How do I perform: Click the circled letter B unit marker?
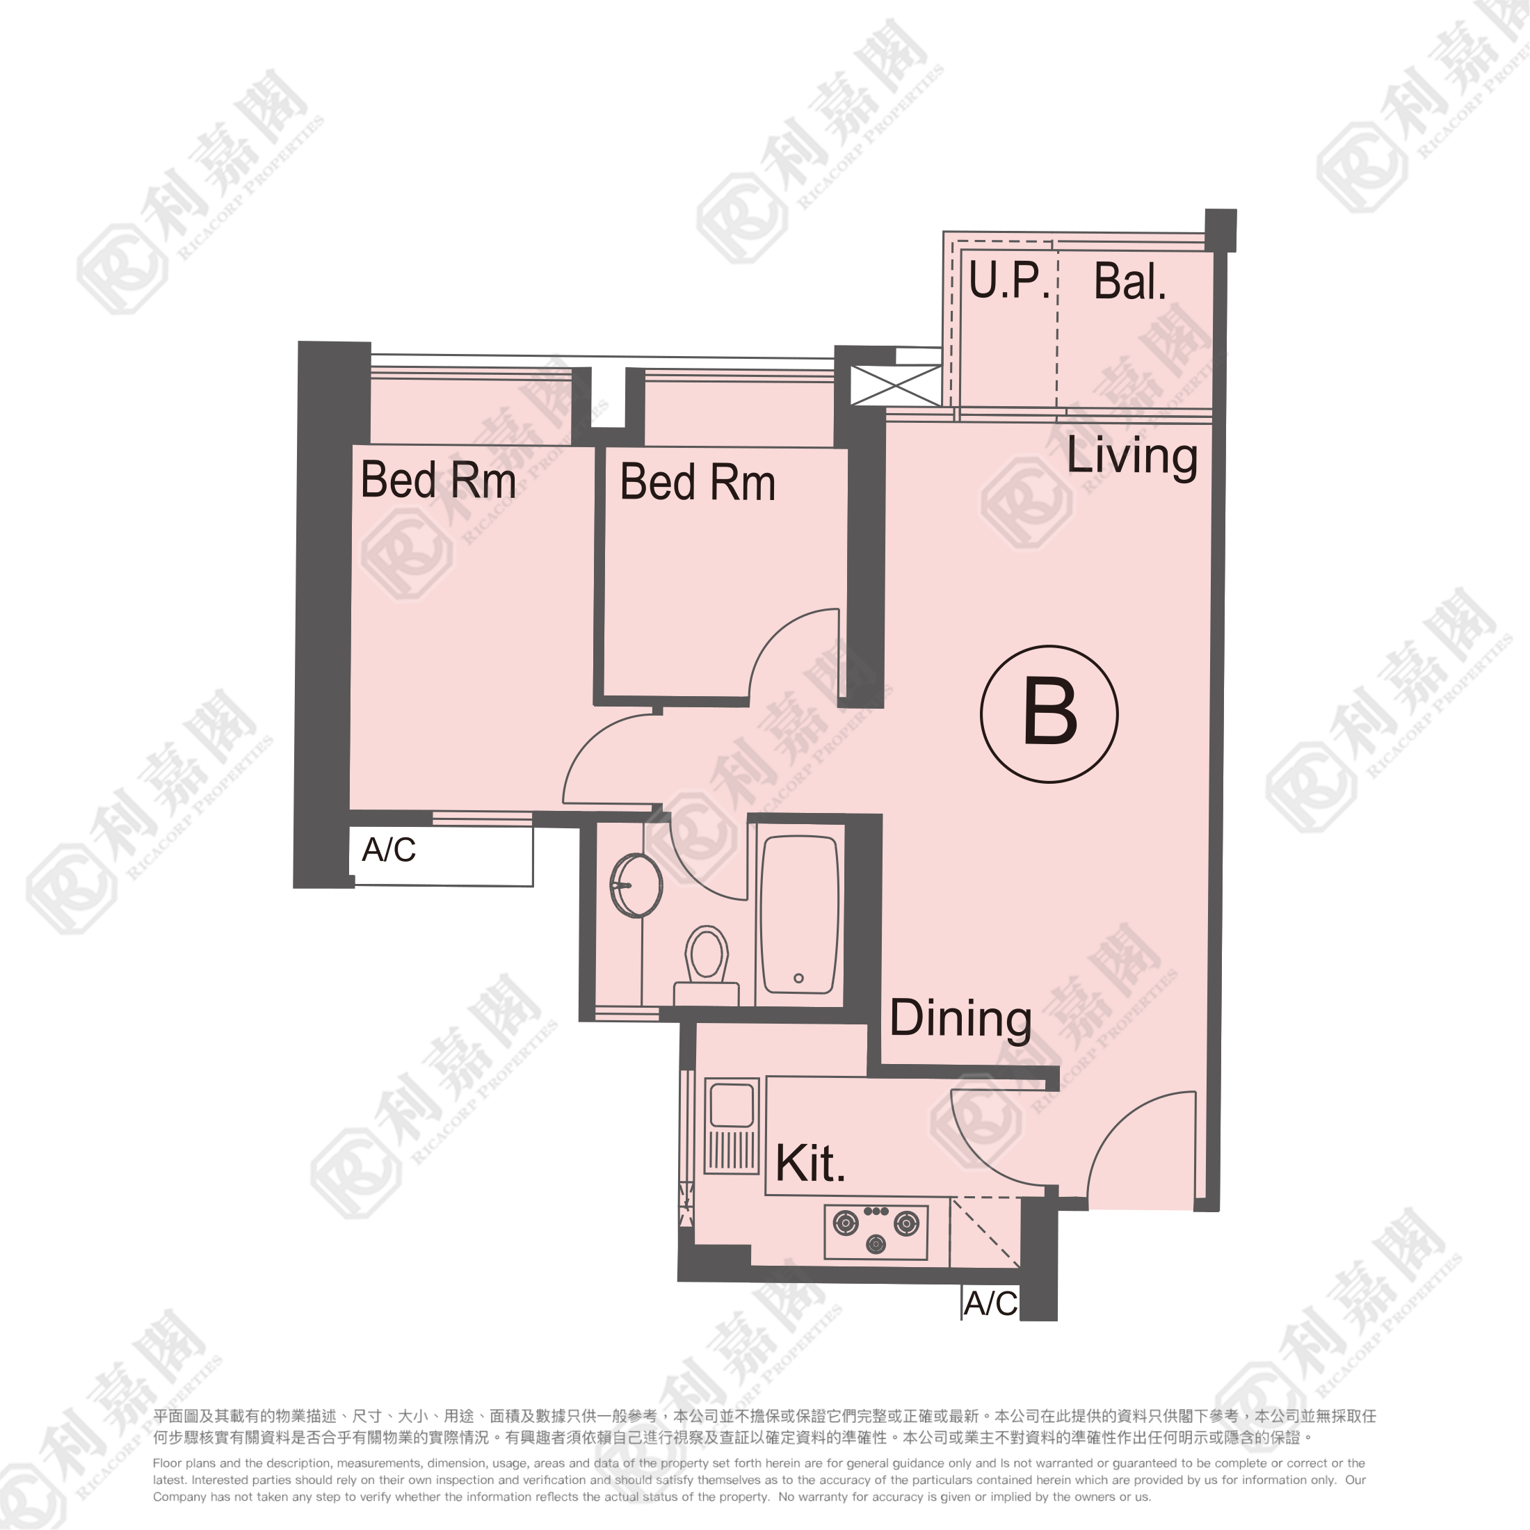(1049, 714)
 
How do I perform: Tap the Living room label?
(1132, 457)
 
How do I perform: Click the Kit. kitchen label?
(810, 1163)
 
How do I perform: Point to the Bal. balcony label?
(1130, 281)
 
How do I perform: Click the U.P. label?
(1010, 280)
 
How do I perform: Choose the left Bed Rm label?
(438, 480)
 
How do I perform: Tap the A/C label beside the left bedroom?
(389, 850)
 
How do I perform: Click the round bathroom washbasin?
(636, 885)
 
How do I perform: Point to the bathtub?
(799, 914)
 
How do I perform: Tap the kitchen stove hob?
(876, 1232)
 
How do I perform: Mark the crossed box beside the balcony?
(896, 385)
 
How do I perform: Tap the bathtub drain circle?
(798, 978)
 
